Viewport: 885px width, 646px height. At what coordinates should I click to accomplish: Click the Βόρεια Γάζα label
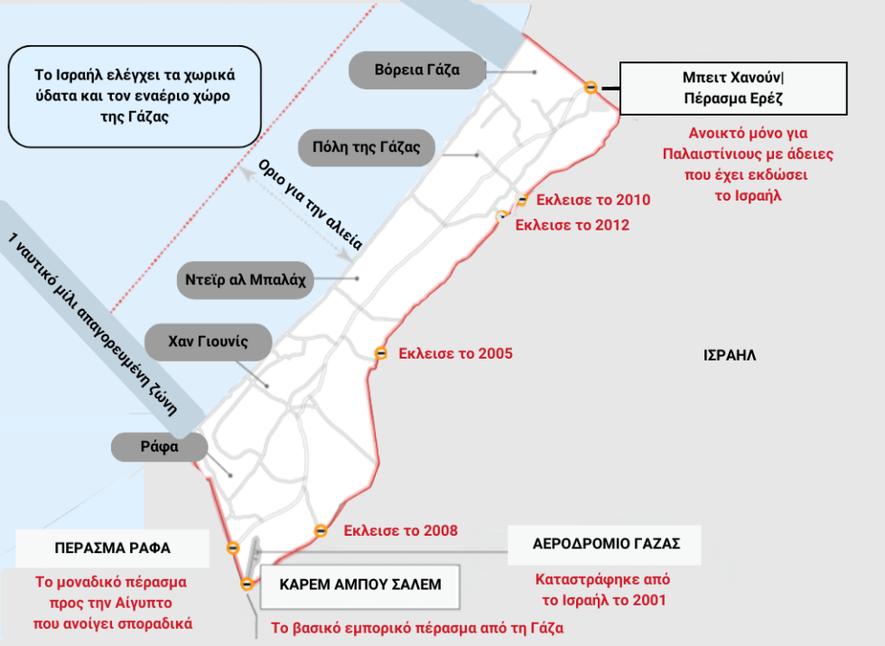(x=417, y=70)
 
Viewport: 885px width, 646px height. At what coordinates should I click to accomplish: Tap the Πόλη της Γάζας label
(x=367, y=147)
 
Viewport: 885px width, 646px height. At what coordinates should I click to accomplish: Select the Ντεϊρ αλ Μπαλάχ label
(x=245, y=279)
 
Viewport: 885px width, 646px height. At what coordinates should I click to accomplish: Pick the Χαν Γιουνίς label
(x=209, y=342)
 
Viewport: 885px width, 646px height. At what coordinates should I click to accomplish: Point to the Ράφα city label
(x=159, y=446)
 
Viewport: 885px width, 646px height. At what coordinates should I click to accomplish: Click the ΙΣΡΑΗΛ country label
(x=730, y=355)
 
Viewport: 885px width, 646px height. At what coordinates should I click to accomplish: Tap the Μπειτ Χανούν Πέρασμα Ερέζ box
(x=733, y=89)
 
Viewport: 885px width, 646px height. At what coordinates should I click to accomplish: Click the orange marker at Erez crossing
(x=591, y=87)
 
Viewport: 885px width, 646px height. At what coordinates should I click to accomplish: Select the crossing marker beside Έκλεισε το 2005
(x=381, y=353)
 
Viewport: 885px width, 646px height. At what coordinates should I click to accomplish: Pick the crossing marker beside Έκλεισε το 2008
(x=321, y=530)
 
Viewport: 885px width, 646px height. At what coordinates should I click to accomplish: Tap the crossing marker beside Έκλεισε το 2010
(x=523, y=200)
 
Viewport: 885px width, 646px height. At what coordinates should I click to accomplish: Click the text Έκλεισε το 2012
(x=572, y=225)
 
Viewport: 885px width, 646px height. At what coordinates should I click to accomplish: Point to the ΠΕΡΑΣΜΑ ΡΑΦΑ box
(x=112, y=548)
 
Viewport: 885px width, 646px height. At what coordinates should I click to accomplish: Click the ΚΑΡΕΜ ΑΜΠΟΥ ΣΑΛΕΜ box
(x=360, y=585)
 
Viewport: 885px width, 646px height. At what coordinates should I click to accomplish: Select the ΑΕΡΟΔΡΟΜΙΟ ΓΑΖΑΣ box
(x=604, y=544)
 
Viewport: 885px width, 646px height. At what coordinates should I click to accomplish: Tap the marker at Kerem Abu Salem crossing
(x=247, y=584)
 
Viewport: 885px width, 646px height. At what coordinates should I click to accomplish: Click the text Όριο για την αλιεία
(x=310, y=205)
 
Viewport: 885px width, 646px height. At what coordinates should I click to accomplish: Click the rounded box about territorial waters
(x=135, y=97)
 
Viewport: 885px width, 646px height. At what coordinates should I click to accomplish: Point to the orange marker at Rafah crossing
(x=233, y=548)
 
